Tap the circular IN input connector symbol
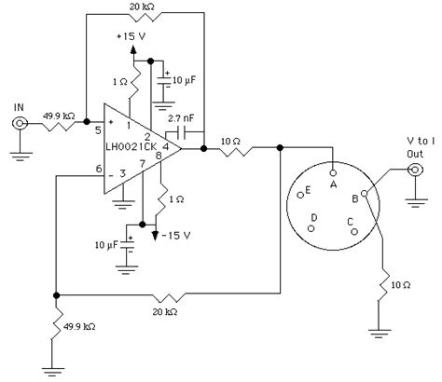tap(18, 122)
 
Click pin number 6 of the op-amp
tap(87, 169)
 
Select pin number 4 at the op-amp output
tap(166, 147)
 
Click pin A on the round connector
tap(333, 184)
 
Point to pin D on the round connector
tap(314, 217)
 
